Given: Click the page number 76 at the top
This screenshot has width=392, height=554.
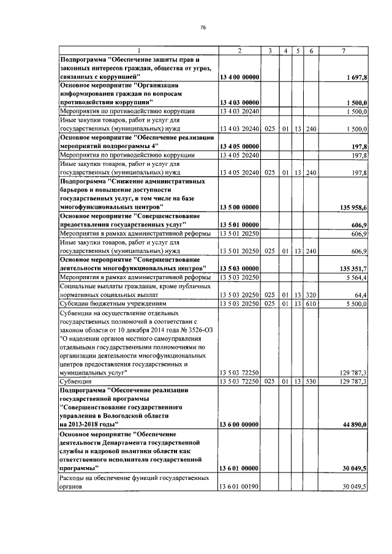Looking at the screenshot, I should [x=202, y=27].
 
